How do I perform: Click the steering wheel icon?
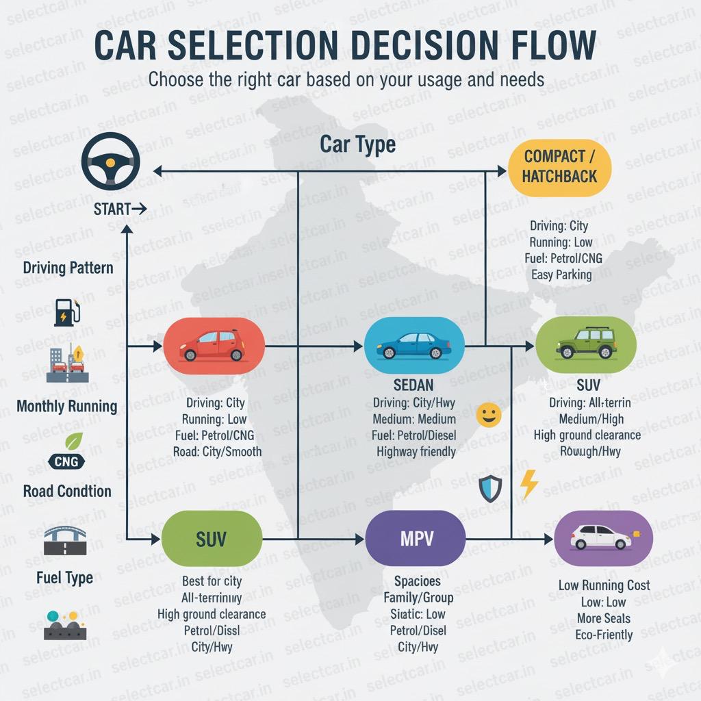[110, 162]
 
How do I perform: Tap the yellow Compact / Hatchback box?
[559, 166]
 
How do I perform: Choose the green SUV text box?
[212, 539]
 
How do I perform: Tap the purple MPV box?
[416, 539]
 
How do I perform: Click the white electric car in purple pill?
[601, 537]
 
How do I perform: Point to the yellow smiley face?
[489, 415]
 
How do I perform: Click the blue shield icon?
[490, 489]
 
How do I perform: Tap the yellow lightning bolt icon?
[528, 484]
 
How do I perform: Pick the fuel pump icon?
[67, 311]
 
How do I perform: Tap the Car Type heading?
[357, 145]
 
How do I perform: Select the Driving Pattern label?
[68, 267]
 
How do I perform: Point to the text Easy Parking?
[561, 275]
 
